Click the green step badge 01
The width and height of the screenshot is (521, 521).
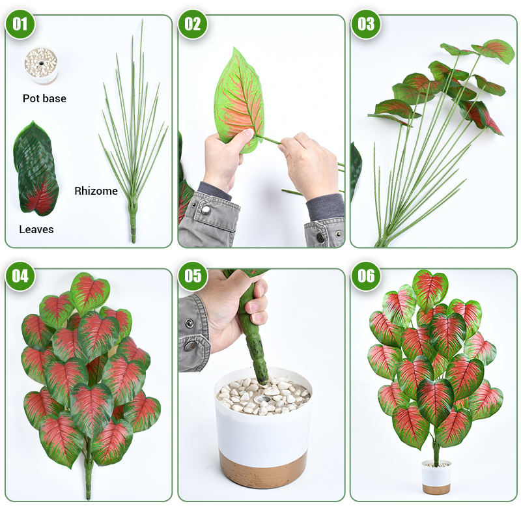tap(20, 24)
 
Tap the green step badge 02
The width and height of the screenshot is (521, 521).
tap(193, 24)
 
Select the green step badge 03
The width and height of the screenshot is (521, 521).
tap(366, 24)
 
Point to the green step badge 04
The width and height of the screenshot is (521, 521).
tap(20, 276)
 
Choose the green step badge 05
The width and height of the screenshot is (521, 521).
tap(193, 276)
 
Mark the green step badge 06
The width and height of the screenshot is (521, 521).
tap(366, 276)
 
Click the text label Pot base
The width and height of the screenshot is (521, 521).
tap(44, 98)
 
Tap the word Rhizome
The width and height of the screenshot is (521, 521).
tap(96, 191)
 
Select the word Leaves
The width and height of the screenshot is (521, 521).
tap(36, 229)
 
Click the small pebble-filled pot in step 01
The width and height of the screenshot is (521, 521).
tap(41, 66)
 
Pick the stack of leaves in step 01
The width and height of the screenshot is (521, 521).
tap(36, 169)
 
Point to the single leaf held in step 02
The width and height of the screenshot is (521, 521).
tap(239, 102)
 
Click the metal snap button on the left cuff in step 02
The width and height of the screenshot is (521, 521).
tap(206, 210)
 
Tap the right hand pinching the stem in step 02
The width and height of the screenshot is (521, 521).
tap(307, 165)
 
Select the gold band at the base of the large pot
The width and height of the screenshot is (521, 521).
tap(262, 470)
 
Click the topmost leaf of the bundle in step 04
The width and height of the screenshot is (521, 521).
tap(90, 291)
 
